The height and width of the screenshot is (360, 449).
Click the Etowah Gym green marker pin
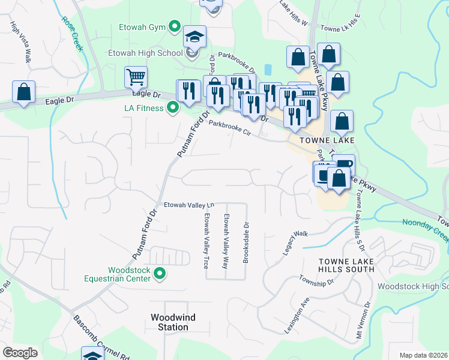coord(174,27)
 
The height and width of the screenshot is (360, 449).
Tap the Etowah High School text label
coord(145,53)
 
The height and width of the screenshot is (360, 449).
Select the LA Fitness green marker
coord(173,108)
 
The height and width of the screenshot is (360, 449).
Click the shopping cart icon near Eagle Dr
coord(136,77)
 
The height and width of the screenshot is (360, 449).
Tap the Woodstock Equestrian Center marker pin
coord(160,274)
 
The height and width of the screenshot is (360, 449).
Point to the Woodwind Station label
coord(169,322)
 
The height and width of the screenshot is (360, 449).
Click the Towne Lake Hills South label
coord(338,265)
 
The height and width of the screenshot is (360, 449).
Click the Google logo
coord(20,353)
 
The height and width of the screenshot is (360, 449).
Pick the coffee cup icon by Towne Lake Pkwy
coord(345,163)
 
